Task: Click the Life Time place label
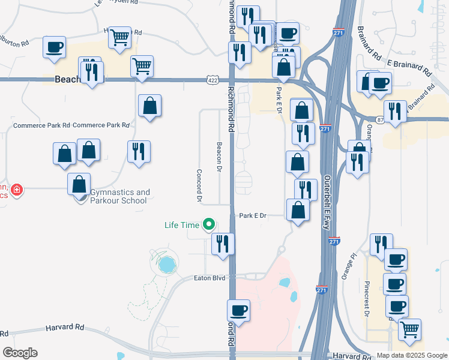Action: click(182, 225)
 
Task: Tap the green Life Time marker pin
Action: click(209, 225)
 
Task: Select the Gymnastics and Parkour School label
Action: click(119, 196)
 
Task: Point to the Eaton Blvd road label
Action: click(209, 278)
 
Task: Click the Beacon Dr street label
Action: click(220, 157)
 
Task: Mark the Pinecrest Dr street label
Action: click(366, 297)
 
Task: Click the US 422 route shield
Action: click(213, 79)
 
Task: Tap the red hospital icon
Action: click(17, 190)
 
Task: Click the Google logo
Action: click(19, 353)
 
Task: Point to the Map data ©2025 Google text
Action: click(412, 355)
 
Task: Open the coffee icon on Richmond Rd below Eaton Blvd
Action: click(238, 311)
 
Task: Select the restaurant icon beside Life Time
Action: click(223, 244)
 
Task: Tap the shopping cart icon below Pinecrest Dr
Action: click(409, 329)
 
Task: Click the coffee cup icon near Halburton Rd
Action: click(54, 47)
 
